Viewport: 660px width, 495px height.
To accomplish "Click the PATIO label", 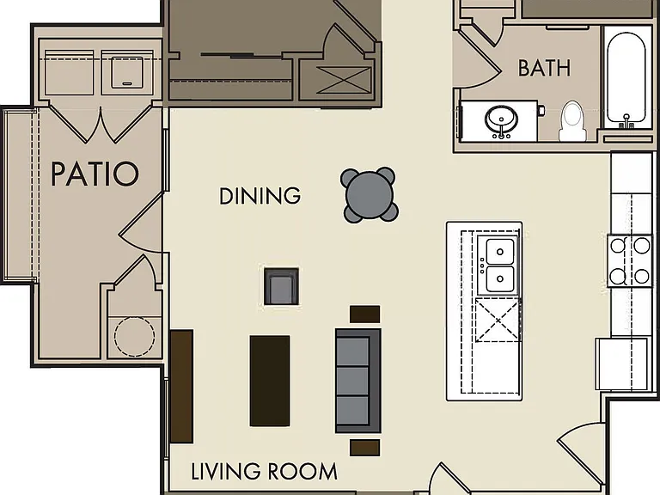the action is (x=95, y=174).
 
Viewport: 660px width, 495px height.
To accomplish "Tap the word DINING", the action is (x=260, y=196).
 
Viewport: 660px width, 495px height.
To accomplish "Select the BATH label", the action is (x=544, y=68).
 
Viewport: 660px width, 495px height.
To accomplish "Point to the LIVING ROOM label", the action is (x=265, y=472).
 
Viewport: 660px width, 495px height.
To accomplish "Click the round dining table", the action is (x=370, y=195).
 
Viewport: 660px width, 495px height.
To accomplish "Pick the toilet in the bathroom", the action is (x=572, y=121).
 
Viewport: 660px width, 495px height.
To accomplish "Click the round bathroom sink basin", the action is (x=501, y=119).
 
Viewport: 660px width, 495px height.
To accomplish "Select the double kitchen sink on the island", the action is (x=499, y=266).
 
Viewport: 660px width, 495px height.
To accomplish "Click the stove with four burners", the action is (x=630, y=261).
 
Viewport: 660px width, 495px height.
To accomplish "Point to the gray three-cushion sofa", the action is (x=358, y=381).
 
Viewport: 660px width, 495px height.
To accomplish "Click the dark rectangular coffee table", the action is (x=270, y=381).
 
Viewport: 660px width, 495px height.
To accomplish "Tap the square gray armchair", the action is (x=282, y=286).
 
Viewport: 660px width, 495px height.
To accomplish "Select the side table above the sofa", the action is (x=365, y=315).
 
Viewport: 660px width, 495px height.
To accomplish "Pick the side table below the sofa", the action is (x=365, y=448).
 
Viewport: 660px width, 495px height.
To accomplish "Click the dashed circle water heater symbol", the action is (x=134, y=336).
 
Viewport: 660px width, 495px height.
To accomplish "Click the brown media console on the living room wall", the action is (x=182, y=387).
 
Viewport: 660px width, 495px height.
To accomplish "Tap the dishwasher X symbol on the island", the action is (x=498, y=321).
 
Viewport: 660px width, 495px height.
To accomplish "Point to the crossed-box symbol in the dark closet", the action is (x=344, y=80).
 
